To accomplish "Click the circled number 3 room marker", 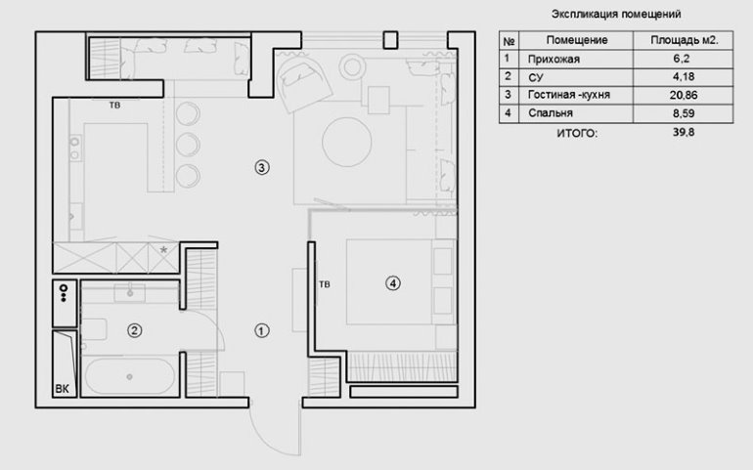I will point(260,167).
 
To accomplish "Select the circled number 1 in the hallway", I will point(260,330).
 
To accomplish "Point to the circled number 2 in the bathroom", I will point(135,330).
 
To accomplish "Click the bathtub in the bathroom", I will point(130,376).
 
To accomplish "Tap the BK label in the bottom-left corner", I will point(63,390).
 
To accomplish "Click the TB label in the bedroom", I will point(324,285).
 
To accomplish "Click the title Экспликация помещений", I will point(616,15).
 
